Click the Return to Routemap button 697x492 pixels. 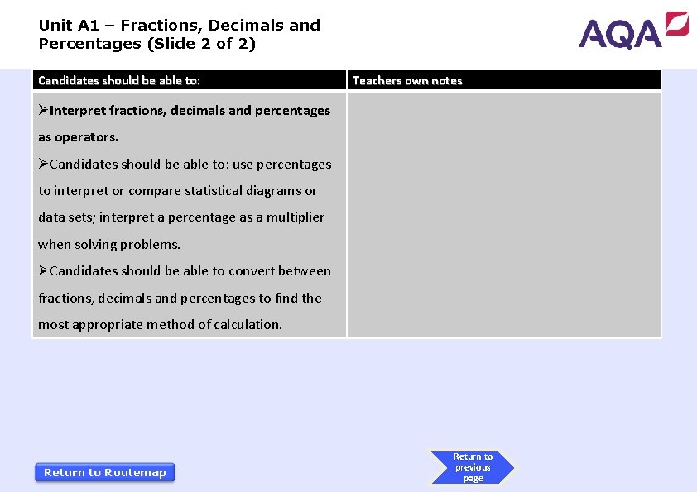tap(105, 472)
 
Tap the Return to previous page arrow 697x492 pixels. tap(472, 467)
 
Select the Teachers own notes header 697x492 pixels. tap(407, 80)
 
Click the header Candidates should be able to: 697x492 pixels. tap(119, 80)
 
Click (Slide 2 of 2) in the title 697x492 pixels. tap(201, 44)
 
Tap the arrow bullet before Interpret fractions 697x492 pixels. tap(44, 111)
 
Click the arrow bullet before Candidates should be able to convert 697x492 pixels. tap(44, 271)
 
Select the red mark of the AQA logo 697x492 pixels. tap(676, 23)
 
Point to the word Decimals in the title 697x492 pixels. tap(247, 26)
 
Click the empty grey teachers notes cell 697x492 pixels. tap(503, 215)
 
